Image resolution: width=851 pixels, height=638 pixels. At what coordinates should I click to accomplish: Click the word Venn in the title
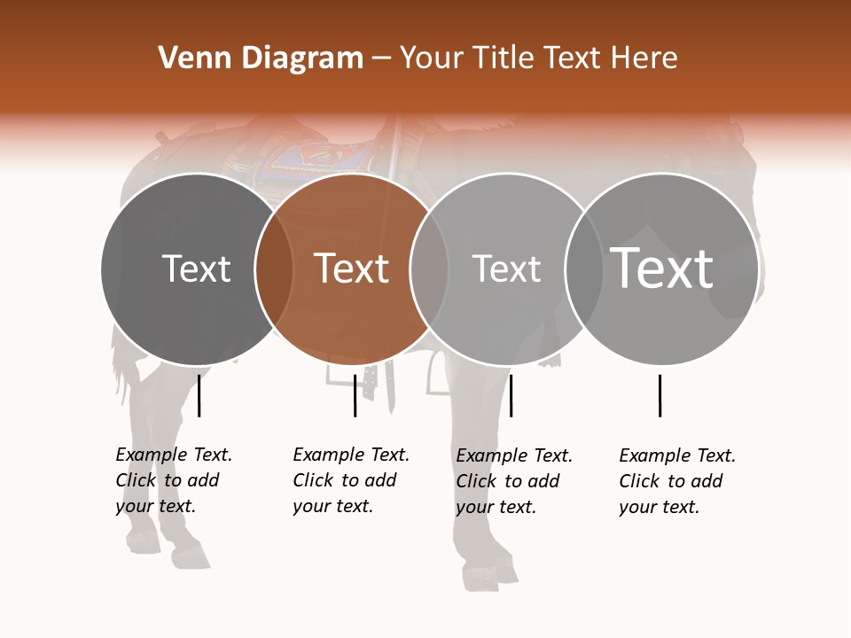point(188,58)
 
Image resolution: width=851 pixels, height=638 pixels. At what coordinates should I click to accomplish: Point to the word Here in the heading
point(646,58)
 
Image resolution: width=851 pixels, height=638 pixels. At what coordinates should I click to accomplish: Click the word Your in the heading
point(433,58)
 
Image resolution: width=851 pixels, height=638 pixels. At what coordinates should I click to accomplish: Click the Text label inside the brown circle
point(352,268)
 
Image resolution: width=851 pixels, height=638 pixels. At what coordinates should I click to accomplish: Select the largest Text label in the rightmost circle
point(661,268)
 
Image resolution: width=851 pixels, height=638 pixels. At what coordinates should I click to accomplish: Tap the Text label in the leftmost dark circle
point(197,268)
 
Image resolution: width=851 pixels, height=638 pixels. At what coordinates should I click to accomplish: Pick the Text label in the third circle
point(506,268)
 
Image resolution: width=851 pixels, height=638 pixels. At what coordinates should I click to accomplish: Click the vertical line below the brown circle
point(355,395)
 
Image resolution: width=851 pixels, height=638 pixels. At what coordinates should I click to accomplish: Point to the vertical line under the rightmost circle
point(660,395)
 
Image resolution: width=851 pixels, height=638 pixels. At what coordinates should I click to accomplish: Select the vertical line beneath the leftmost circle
point(199,395)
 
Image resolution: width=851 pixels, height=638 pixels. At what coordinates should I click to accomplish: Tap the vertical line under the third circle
point(511,395)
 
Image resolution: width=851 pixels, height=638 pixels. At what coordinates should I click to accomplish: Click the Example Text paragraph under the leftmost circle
point(173,480)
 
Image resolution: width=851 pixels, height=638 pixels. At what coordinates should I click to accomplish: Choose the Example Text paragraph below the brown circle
point(350,480)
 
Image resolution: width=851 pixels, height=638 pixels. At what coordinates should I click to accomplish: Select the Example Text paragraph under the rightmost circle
point(676,481)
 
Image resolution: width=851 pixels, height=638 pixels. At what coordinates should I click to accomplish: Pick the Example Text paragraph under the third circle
point(513,481)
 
